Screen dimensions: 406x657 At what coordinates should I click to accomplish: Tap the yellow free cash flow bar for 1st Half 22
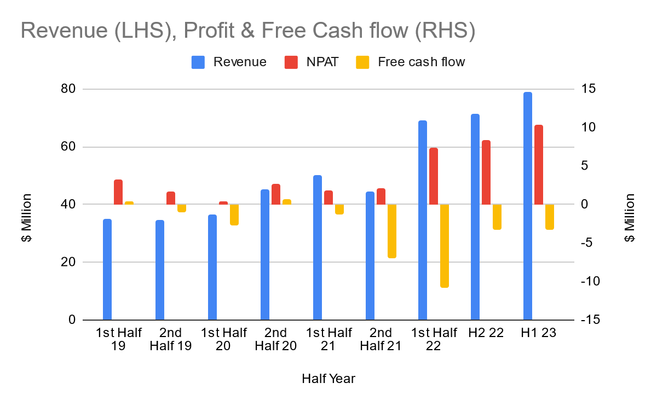pos(444,246)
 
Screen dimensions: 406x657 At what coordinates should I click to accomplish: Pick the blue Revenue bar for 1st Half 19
pos(107,269)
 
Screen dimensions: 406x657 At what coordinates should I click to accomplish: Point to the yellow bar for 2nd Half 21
pos(391,231)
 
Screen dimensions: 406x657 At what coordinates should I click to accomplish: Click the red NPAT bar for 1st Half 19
pos(118,192)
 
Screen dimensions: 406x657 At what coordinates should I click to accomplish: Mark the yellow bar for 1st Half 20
pos(234,214)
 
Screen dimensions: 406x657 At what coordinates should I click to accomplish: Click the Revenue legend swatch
pos(198,62)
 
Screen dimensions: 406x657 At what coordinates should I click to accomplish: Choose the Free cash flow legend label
pos(421,62)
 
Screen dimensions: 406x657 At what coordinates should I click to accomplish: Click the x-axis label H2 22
pos(486,333)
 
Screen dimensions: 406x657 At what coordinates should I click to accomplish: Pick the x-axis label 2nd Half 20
pos(276,339)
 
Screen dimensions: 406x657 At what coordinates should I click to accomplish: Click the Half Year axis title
pos(328,379)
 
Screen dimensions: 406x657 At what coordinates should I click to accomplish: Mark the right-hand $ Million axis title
pos(630,218)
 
